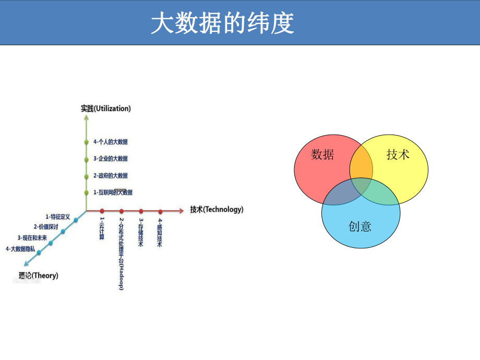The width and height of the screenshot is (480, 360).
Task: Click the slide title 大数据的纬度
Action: coord(223,23)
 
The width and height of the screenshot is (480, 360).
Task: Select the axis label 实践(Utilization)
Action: coord(106,109)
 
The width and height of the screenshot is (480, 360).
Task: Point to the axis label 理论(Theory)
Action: coord(38,275)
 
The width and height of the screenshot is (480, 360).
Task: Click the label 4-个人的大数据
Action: coord(111,142)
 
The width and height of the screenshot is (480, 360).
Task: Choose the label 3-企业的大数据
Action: coord(111,159)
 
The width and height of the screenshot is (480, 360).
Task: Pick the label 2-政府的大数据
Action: coord(111,176)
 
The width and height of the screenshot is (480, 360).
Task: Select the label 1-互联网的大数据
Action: coord(113,193)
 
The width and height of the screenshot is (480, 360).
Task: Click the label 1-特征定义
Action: coord(57,216)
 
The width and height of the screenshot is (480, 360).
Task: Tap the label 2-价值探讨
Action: coord(46,227)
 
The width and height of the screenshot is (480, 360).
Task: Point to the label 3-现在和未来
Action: coord(32,238)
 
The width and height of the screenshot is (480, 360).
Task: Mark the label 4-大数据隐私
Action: coord(20,249)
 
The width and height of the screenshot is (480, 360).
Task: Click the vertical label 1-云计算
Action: coord(102,229)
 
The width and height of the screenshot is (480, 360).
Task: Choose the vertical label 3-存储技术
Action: coord(141,233)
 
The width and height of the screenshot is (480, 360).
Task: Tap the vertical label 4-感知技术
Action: coord(160,233)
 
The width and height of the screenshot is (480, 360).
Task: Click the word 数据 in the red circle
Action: coord(322,155)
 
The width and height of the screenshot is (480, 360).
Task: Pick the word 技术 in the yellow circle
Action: coord(398,154)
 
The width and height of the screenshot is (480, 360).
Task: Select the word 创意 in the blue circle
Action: coord(360,226)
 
